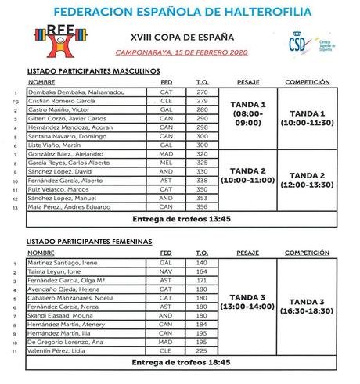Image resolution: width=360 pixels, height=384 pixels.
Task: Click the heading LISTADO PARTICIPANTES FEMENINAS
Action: pos(89,242)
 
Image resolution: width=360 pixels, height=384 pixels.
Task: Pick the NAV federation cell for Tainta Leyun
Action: pos(166,271)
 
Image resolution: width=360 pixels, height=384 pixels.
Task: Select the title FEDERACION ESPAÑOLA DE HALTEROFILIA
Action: pos(180,13)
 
